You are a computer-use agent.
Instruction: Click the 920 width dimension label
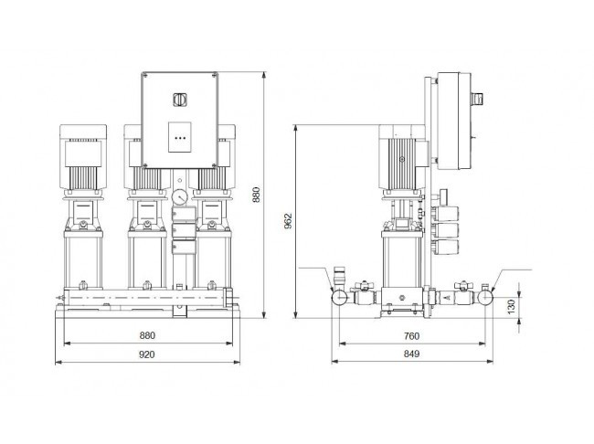pyautogui.click(x=147, y=354)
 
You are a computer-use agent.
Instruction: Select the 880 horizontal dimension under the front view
pyautogui.click(x=147, y=335)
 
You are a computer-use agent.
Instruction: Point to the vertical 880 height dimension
pyautogui.click(x=257, y=195)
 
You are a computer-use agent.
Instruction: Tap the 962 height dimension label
pyautogui.click(x=288, y=221)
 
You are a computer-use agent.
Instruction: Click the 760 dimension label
pyautogui.click(x=411, y=336)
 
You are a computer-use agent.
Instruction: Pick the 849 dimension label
pyautogui.click(x=411, y=354)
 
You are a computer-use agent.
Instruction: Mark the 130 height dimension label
pyautogui.click(x=512, y=307)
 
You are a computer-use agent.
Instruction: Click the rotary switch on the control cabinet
pyautogui.click(x=179, y=100)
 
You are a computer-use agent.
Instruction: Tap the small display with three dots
pyautogui.click(x=179, y=137)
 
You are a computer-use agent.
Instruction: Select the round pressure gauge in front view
pyautogui.click(x=179, y=197)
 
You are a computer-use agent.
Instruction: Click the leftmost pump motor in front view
pyautogui.click(x=83, y=157)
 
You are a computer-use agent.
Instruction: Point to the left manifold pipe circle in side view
pyautogui.click(x=340, y=298)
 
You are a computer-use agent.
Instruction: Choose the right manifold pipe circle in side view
pyautogui.click(x=485, y=298)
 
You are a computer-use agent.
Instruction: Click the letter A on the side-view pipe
pyautogui.click(x=448, y=298)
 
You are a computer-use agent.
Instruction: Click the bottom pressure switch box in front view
pyautogui.click(x=184, y=247)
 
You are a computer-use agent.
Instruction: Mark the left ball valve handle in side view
pyautogui.click(x=364, y=285)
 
